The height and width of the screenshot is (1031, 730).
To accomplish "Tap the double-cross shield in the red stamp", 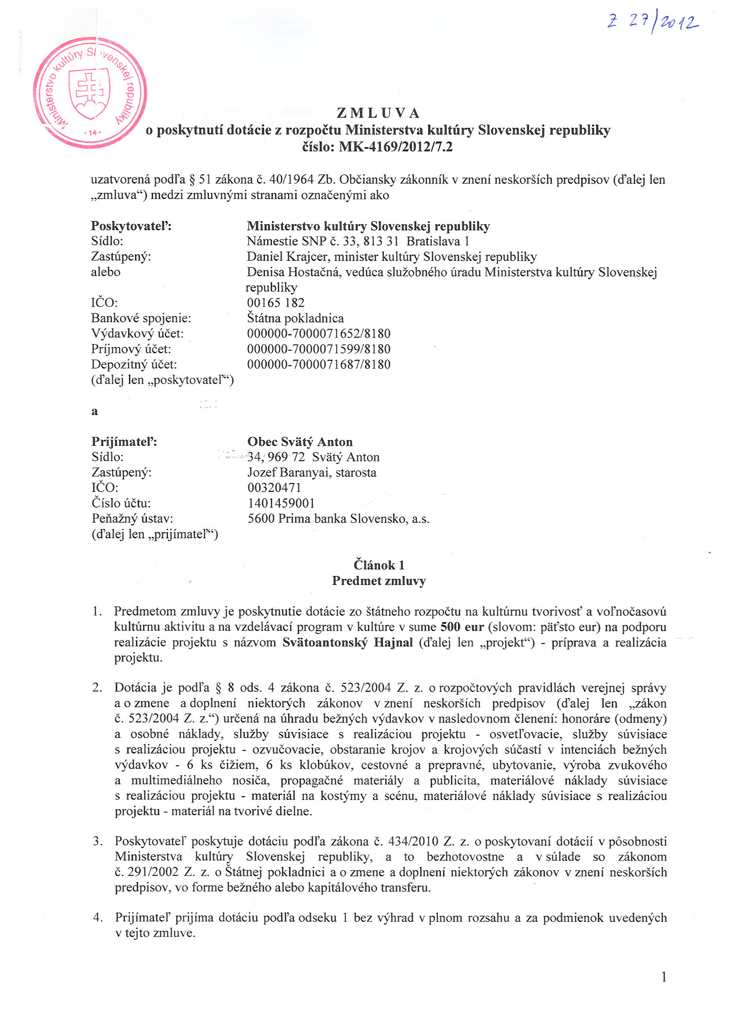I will click(89, 93).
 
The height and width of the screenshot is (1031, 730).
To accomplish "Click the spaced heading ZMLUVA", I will click(378, 113).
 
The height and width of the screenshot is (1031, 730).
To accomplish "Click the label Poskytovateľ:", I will click(131, 226).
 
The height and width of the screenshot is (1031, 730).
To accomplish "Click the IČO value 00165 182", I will click(276, 302).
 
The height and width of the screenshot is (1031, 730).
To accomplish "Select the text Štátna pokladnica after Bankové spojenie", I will click(295, 318).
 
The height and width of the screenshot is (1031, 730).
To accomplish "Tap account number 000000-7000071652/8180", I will click(318, 334).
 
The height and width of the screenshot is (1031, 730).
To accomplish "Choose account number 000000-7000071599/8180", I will click(318, 349).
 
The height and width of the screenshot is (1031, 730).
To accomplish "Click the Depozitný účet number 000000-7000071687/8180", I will click(318, 364).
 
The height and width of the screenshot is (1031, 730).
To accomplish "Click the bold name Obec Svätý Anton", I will click(300, 442).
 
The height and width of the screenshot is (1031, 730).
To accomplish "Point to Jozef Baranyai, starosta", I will click(312, 473).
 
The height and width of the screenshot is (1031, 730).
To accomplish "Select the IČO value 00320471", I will click(274, 487).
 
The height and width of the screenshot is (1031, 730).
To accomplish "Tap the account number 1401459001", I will click(281, 503).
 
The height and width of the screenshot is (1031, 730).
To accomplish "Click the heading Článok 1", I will click(379, 565).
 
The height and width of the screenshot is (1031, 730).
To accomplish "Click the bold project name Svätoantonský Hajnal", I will click(347, 643).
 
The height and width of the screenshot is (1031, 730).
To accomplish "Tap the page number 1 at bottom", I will click(663, 989).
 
